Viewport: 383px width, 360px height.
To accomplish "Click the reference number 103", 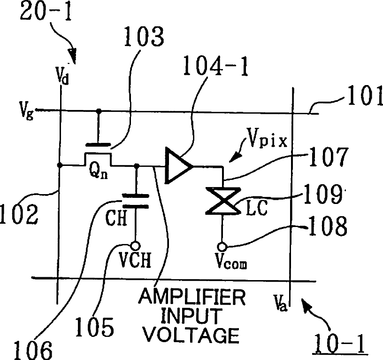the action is click(144, 37).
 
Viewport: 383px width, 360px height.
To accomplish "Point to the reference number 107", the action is click(328, 157).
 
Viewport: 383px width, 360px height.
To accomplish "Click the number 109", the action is click(323, 195).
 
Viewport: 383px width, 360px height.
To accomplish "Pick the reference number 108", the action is click(328, 226).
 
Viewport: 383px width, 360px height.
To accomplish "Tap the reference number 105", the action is click(94, 327).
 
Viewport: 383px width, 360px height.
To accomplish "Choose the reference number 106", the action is click(33, 350).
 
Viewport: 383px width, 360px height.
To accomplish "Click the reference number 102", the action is click(19, 214).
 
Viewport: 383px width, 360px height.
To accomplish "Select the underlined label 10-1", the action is click(340, 343).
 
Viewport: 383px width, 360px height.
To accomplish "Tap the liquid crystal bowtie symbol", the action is click(223, 201).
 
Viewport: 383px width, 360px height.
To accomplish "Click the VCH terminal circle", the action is click(135, 245).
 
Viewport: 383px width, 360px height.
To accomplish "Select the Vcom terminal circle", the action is click(222, 247).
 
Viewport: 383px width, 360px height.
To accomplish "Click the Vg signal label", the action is click(27, 111).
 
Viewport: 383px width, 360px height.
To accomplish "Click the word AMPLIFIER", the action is click(192, 297).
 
